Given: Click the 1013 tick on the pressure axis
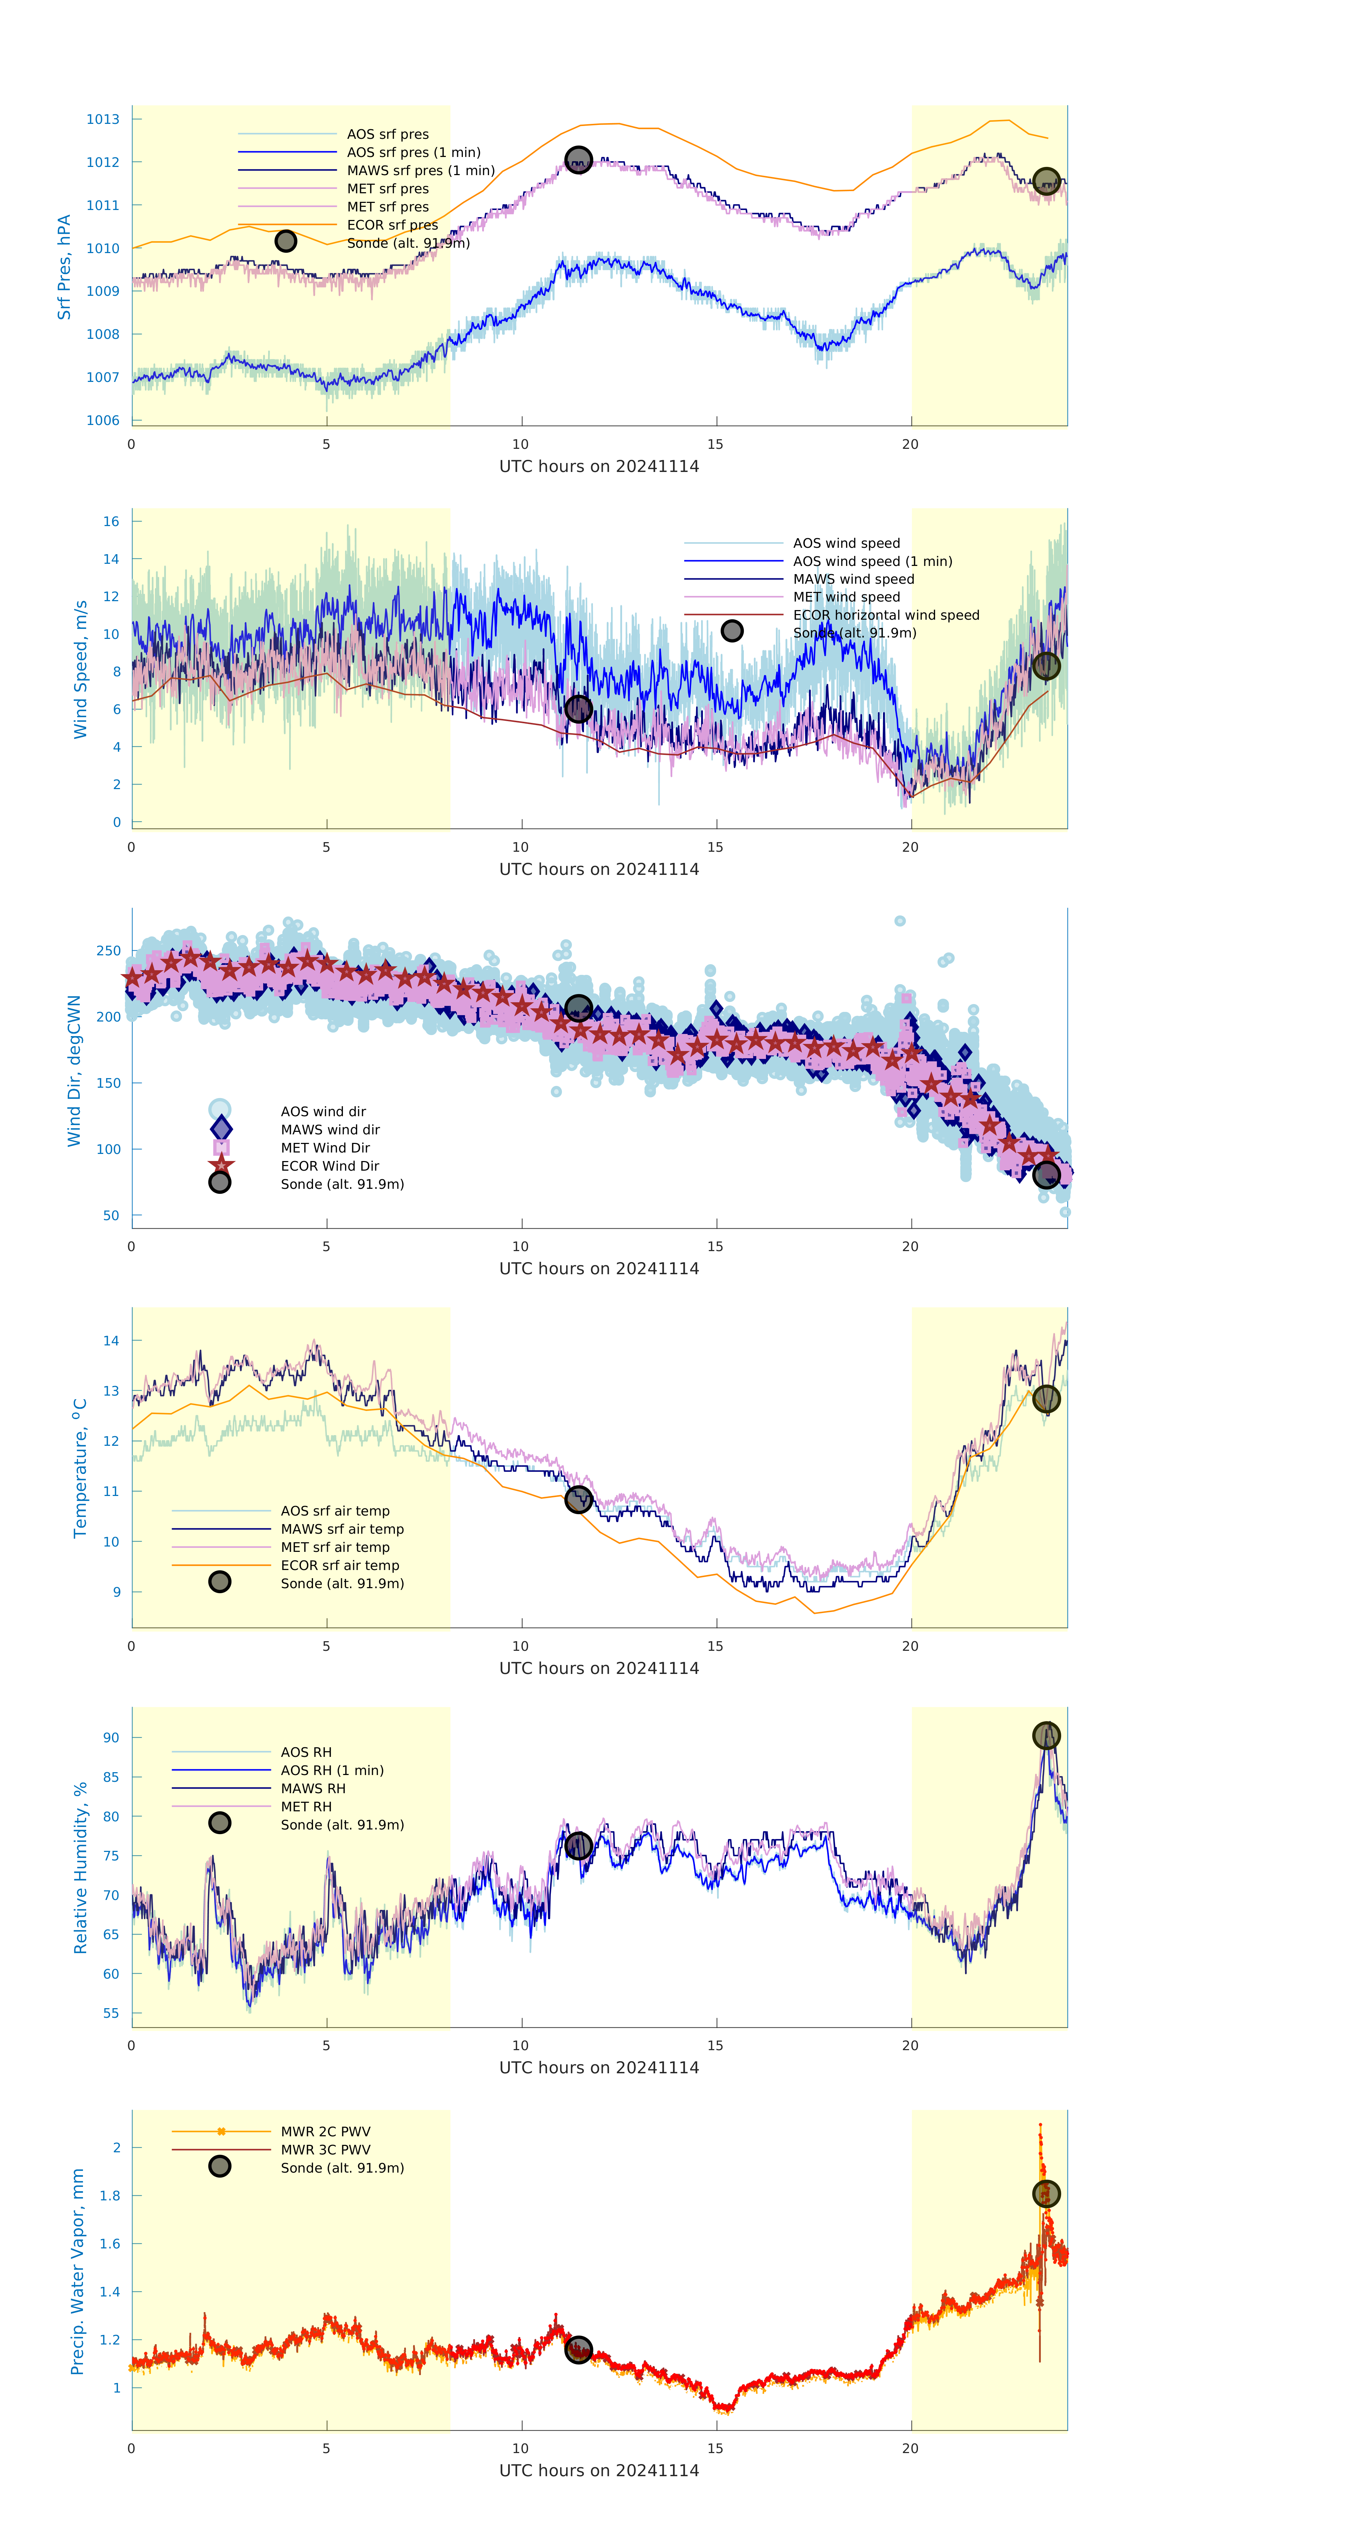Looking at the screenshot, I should click(x=103, y=119).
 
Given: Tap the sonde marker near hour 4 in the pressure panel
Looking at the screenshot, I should click(x=286, y=241).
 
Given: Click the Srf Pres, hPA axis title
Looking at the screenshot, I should click(x=64, y=267).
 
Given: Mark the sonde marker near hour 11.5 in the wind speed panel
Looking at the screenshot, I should click(x=578, y=709).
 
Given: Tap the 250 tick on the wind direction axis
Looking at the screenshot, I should click(x=108, y=951).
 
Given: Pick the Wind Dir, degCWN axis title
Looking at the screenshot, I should click(x=74, y=1070).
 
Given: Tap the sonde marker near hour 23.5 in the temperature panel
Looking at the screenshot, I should click(x=1046, y=1399).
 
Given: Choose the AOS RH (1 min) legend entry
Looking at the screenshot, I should click(x=332, y=1770).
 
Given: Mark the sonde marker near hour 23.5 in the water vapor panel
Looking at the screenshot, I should click(x=1046, y=2193).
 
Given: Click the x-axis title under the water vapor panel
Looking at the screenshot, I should click(x=599, y=2470).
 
